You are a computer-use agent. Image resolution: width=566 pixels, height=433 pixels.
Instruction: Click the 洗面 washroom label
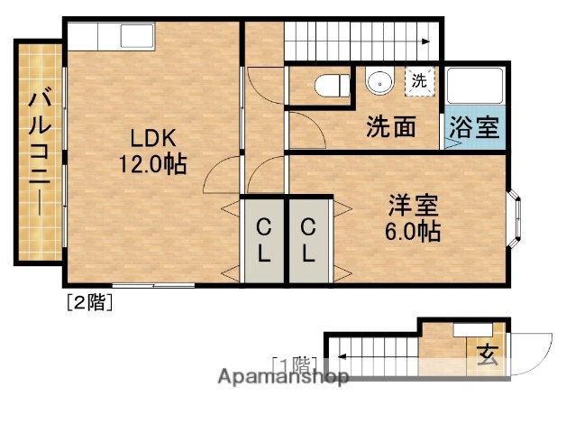pyautogui.click(x=390, y=127)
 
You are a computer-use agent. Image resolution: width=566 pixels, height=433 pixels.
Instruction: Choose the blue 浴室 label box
pyautogui.click(x=474, y=127)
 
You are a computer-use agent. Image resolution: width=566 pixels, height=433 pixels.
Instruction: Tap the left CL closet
pyautogui.click(x=263, y=239)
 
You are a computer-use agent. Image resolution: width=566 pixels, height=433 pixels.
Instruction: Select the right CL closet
pyautogui.click(x=308, y=239)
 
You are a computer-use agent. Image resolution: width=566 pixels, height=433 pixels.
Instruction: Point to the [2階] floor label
pyautogui.click(x=87, y=303)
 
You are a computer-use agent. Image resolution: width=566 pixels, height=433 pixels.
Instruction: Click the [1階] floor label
pyautogui.click(x=294, y=364)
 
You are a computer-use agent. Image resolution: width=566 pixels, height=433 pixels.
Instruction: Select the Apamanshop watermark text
pyautogui.click(x=282, y=377)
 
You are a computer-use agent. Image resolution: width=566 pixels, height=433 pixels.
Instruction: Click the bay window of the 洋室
pyautogui.click(x=516, y=216)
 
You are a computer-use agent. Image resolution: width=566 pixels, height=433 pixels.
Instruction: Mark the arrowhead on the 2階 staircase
pyautogui.click(x=425, y=41)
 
